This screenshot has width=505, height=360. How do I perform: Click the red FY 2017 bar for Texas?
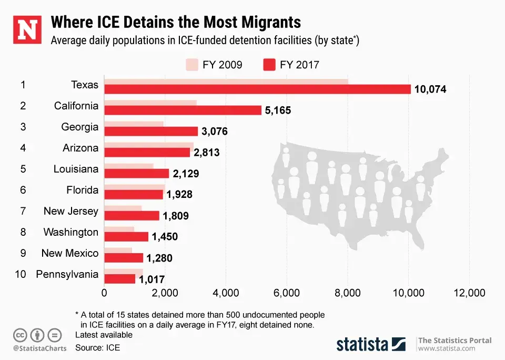(257, 89)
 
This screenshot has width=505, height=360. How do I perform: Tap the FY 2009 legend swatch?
(191, 65)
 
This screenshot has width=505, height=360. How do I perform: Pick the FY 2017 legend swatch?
(269, 65)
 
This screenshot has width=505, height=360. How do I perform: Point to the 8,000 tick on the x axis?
(348, 293)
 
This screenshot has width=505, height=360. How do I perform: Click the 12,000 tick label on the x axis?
(469, 293)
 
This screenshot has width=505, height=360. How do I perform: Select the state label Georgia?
(79, 127)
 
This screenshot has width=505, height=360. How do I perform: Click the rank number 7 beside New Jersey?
(23, 211)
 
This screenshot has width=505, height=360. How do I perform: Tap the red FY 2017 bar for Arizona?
(147, 152)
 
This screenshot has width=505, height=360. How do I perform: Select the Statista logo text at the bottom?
(362, 345)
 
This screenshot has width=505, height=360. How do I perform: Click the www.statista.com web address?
(447, 348)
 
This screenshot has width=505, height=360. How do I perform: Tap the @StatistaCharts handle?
(39, 348)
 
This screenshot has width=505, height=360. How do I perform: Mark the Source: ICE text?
(98, 347)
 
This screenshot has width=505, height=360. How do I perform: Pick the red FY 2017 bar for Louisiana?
(137, 173)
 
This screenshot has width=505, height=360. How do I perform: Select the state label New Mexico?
(70, 253)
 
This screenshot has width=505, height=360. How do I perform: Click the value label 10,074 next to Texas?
(430, 89)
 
